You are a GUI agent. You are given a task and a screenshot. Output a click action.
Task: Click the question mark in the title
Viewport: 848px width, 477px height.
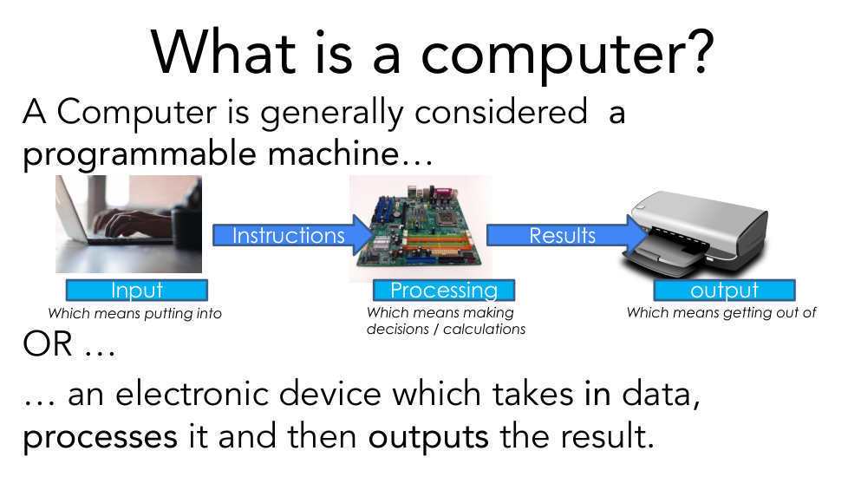pos(701,51)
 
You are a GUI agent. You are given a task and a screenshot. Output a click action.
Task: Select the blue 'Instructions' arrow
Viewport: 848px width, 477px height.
pos(293,235)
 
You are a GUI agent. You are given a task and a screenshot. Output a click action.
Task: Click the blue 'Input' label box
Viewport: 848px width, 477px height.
pos(137,290)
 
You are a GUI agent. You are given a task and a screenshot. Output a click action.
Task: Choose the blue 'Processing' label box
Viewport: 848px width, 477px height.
pos(444,290)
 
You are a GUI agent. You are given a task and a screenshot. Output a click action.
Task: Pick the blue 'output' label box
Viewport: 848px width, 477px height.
pos(725,290)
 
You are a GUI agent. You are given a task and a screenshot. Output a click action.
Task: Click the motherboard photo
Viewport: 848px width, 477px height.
pos(421,227)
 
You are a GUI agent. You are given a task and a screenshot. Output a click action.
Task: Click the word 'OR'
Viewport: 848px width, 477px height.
pos(48,344)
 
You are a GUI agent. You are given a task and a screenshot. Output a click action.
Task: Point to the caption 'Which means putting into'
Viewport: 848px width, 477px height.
pos(134,314)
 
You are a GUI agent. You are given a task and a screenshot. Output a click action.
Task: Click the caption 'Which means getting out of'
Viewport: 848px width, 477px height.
pos(721,312)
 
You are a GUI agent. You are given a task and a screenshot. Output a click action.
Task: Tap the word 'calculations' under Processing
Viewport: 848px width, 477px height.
pos(484,329)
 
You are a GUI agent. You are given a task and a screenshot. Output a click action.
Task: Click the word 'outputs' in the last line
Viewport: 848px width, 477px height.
pos(428,437)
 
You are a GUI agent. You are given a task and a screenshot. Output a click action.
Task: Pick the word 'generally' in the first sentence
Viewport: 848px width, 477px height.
pos(331,114)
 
